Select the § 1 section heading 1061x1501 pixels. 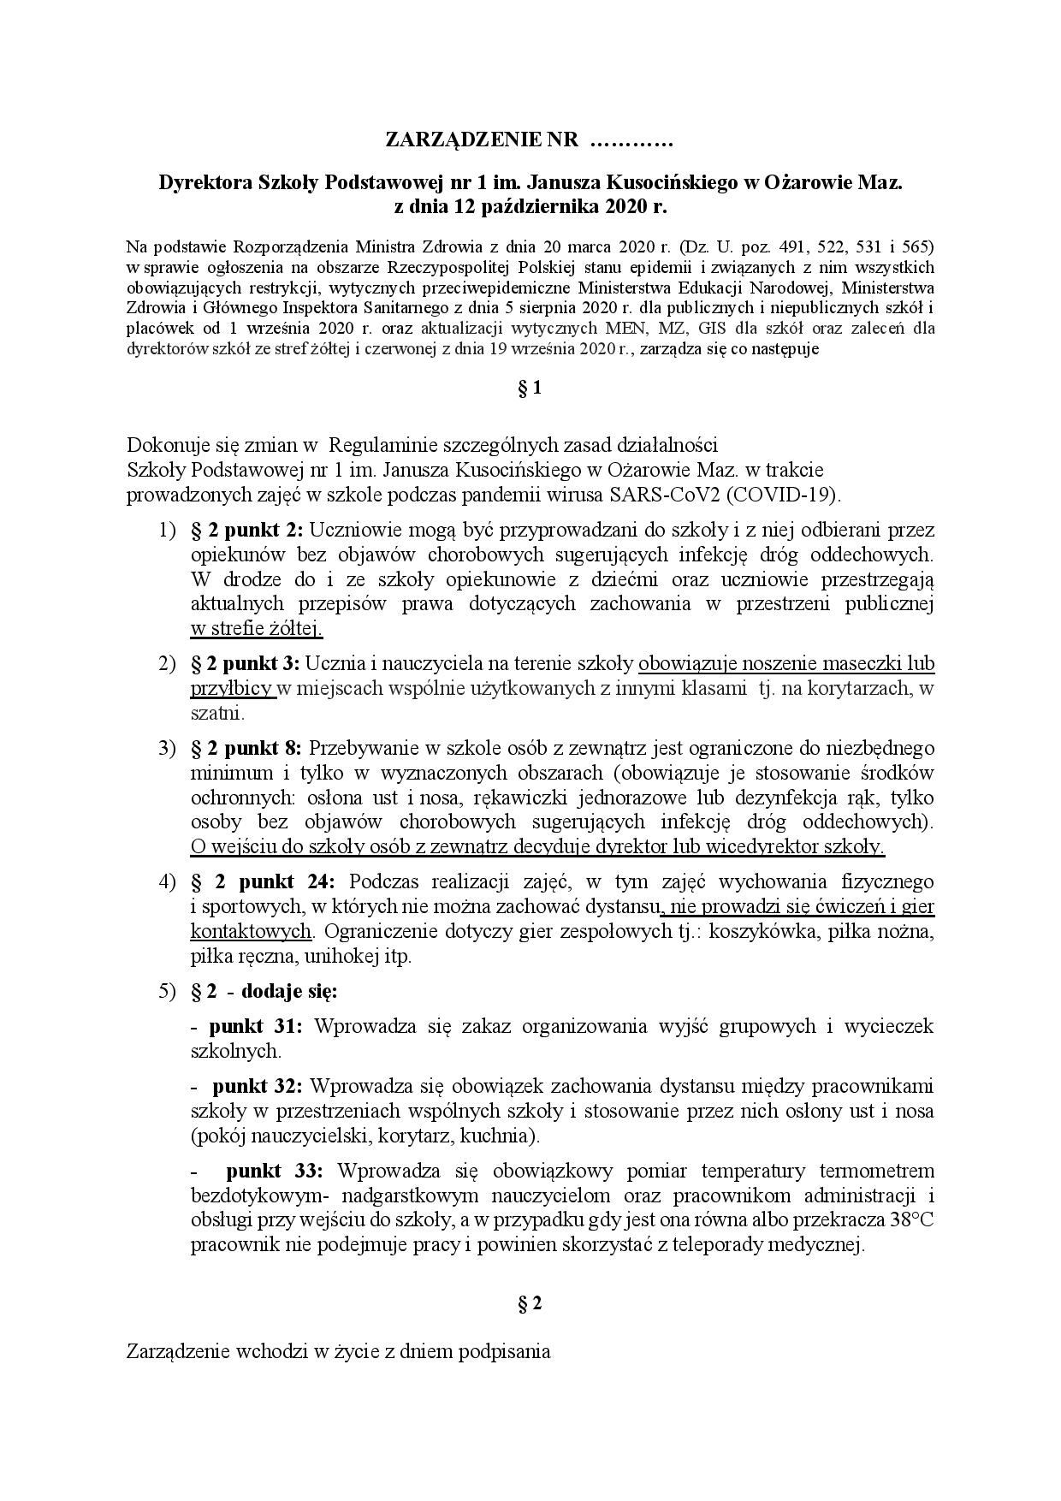point(530,388)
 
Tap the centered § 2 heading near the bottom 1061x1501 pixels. point(530,1303)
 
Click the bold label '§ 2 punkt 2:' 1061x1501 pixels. point(246,530)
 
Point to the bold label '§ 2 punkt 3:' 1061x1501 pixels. point(246,663)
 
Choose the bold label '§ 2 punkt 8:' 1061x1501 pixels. point(246,748)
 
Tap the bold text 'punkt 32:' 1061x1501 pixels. point(257,1086)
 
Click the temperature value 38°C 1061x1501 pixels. point(909,1220)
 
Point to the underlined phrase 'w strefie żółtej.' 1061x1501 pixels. point(257,629)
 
